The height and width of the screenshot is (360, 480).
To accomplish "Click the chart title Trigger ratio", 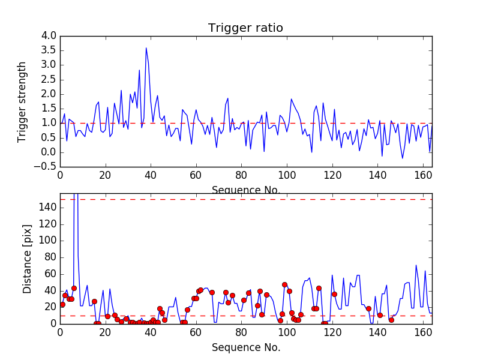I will tap(245, 28).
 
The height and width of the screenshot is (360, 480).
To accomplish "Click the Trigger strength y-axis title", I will tap(22, 101).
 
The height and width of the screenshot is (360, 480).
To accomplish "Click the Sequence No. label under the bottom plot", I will tap(245, 347).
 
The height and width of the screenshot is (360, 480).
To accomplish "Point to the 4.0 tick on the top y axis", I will tap(49, 36).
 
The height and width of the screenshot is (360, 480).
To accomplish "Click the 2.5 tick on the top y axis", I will tap(49, 80).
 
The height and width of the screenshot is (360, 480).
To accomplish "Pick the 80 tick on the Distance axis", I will tap(49, 257).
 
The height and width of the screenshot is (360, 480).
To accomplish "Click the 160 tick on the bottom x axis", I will tap(422, 332).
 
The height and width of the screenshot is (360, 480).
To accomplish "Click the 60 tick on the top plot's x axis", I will tap(196, 175).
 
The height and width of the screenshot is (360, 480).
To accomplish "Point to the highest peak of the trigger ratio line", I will tap(146, 48).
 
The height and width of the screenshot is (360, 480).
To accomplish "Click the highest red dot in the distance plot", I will tap(284, 285).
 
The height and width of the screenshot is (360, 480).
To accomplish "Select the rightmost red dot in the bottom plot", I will tap(391, 320).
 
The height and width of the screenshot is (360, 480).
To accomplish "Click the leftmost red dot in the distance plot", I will tap(62, 304).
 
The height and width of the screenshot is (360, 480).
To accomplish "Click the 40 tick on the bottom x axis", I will tap(151, 332).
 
